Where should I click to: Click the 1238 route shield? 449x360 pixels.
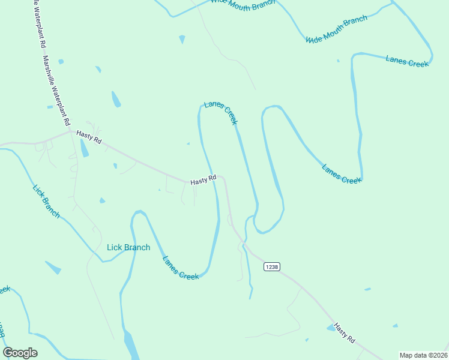click(271, 266)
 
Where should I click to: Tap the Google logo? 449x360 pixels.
click(20, 353)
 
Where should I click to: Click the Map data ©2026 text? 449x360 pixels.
click(423, 355)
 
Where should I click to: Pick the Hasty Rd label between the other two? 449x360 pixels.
click(203, 180)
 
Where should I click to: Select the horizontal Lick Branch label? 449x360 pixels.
click(128, 247)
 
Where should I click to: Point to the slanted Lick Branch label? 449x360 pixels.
click(46, 201)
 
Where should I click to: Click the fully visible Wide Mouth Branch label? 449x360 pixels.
click(336, 29)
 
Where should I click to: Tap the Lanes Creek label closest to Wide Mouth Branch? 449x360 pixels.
click(407, 61)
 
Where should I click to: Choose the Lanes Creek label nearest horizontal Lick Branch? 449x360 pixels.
click(180, 268)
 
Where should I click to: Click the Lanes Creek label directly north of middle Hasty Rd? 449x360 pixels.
click(221, 113)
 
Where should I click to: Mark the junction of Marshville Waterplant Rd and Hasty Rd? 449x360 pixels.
click(70, 130)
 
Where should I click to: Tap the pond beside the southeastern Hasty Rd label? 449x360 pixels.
click(331, 328)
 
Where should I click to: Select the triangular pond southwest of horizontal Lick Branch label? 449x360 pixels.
click(53, 268)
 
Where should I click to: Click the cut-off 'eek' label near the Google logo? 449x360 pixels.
click(4, 290)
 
